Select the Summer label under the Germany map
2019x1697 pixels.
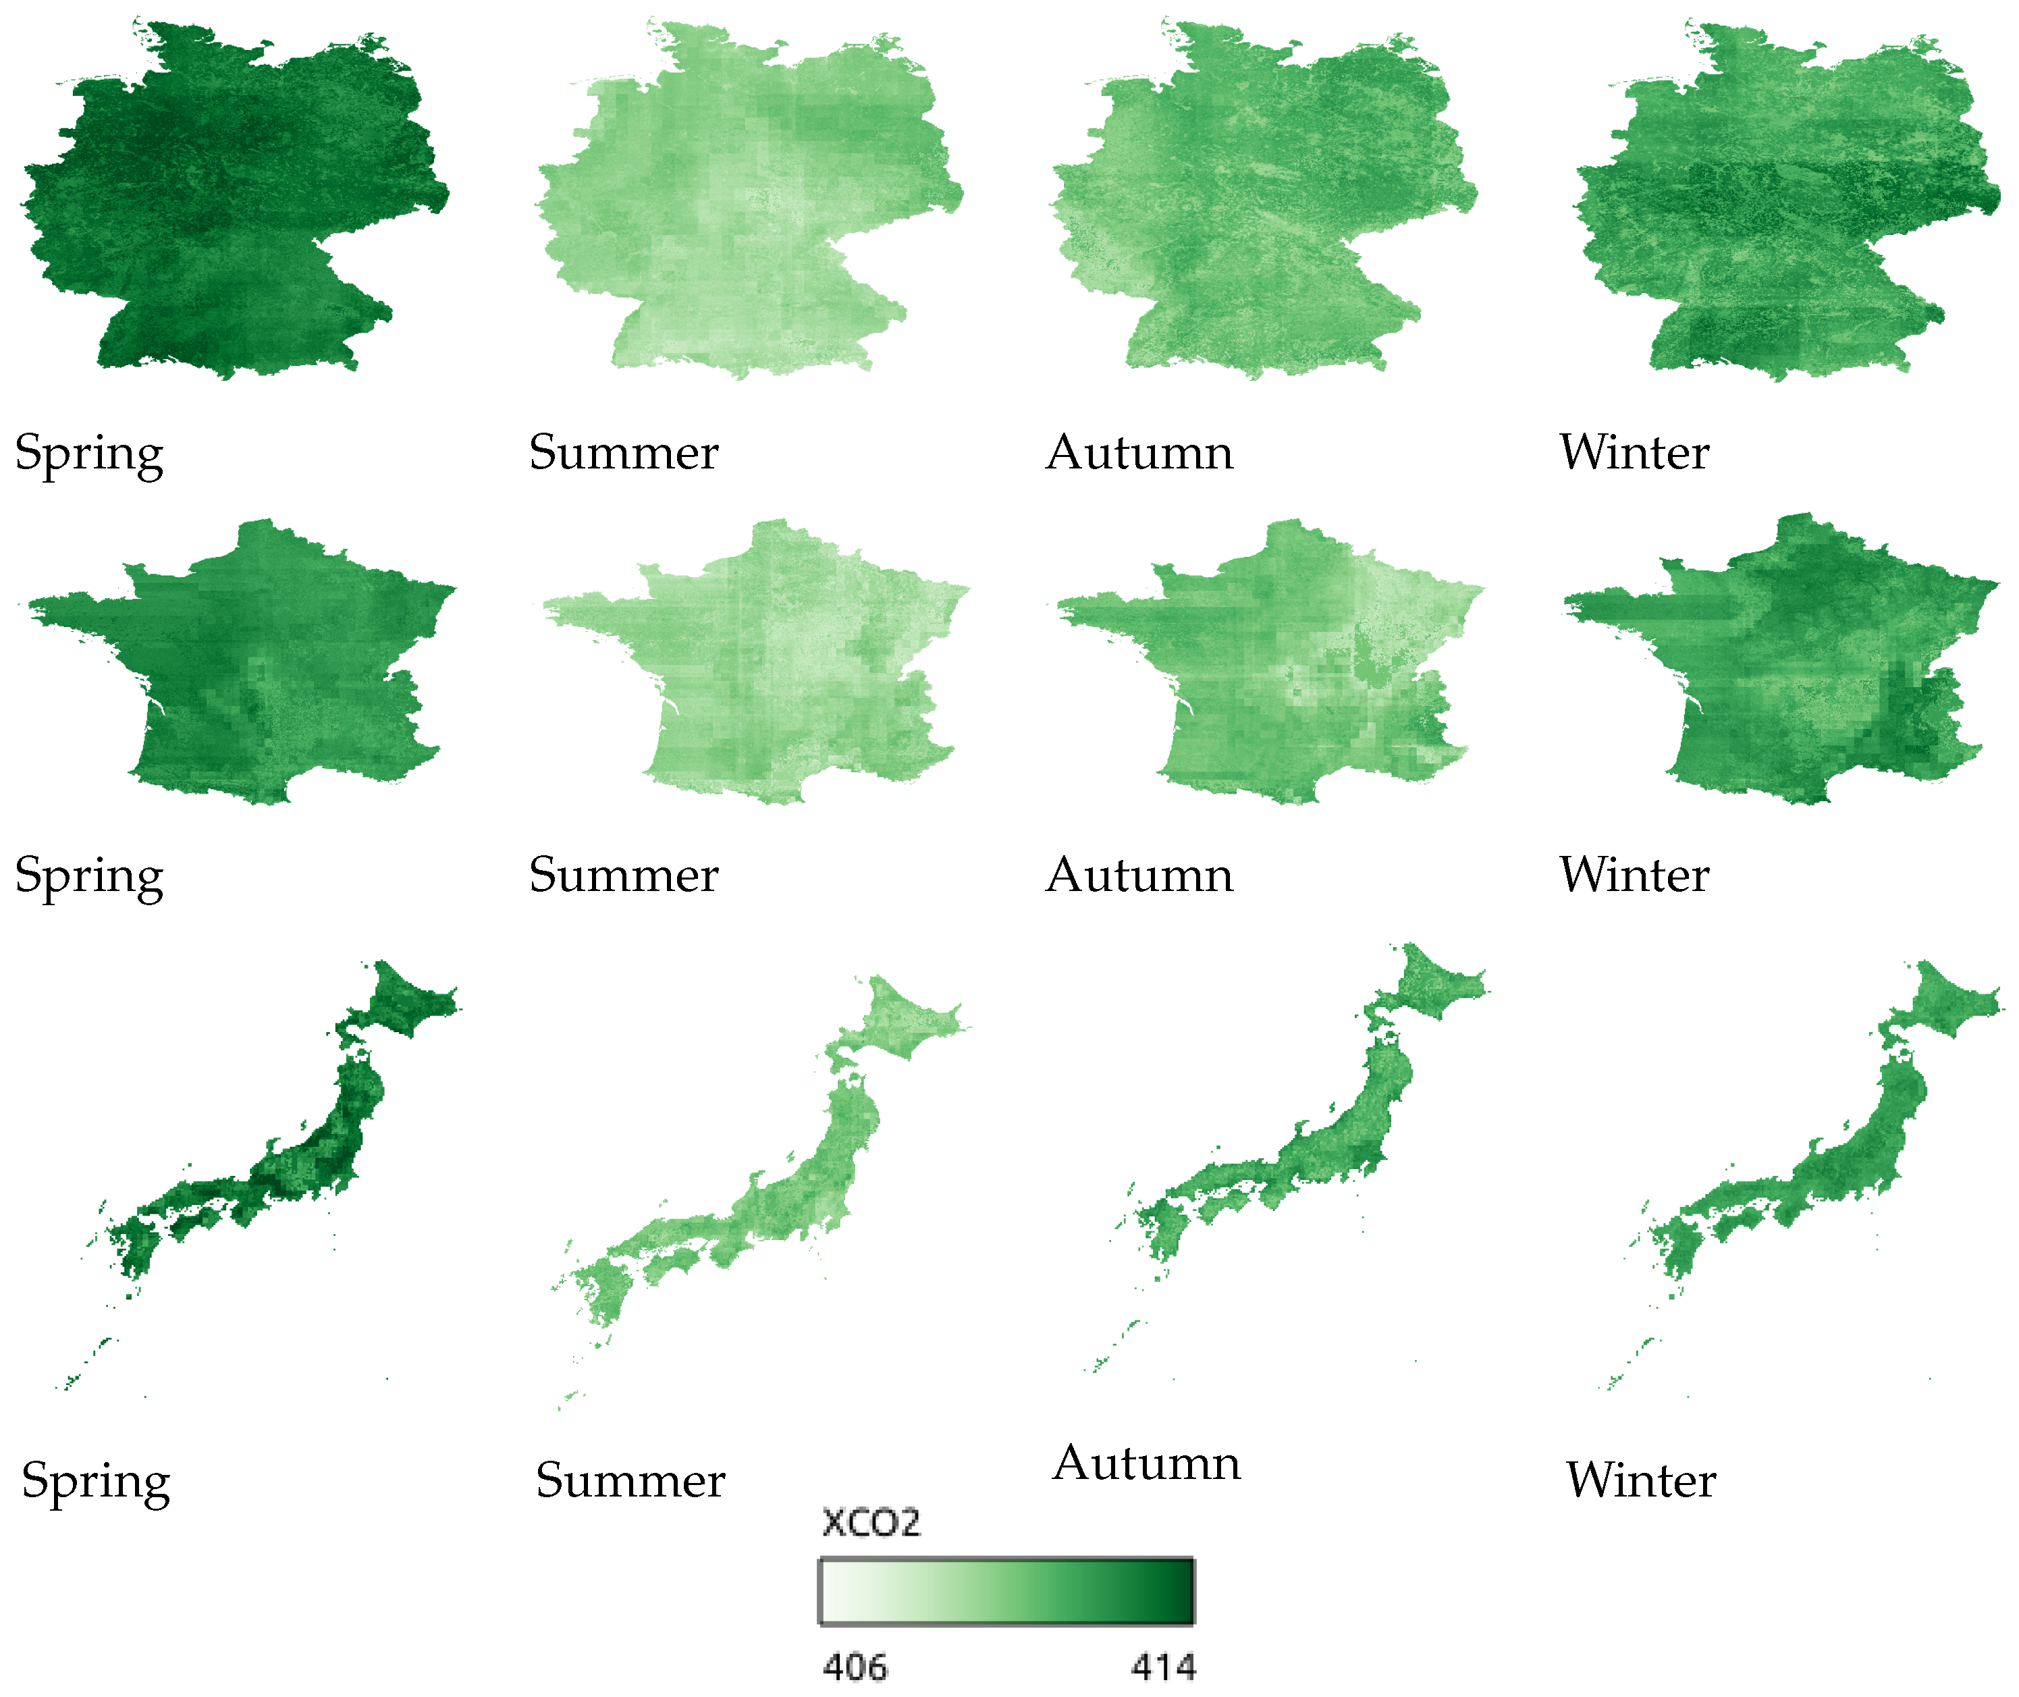[623, 452]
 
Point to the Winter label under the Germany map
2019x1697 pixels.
[1634, 452]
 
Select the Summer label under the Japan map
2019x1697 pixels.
[630, 1480]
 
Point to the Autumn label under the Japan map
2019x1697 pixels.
[1147, 1463]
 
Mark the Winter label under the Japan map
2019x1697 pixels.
[1641, 1480]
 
